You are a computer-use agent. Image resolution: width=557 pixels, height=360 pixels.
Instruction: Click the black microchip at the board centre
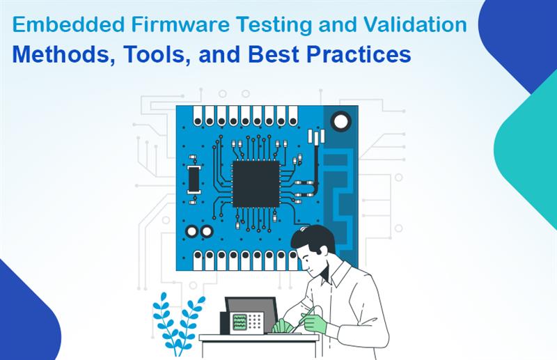pyautogui.click(x=256, y=185)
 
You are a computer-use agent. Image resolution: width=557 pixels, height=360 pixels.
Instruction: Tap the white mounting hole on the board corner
pyautogui.click(x=340, y=123)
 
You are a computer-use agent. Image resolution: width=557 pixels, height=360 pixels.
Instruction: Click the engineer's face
pyautogui.click(x=311, y=260)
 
